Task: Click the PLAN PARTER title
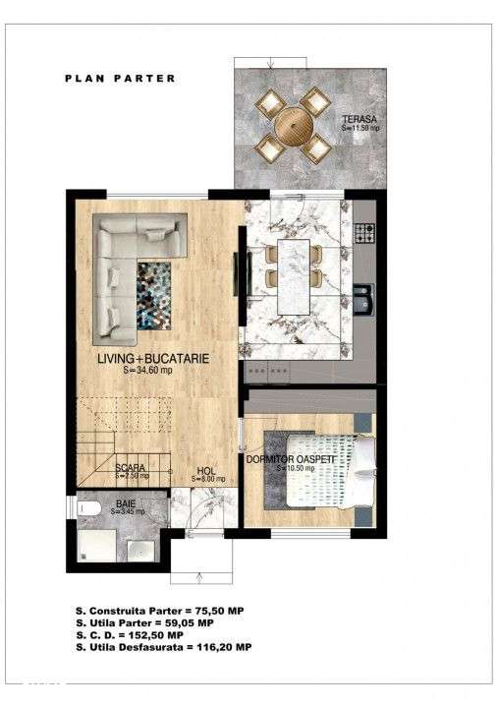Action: (120, 78)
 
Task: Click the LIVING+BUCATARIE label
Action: (152, 360)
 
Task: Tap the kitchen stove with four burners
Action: (364, 234)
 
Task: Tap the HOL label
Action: (205, 470)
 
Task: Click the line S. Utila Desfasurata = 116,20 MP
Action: (162, 648)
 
